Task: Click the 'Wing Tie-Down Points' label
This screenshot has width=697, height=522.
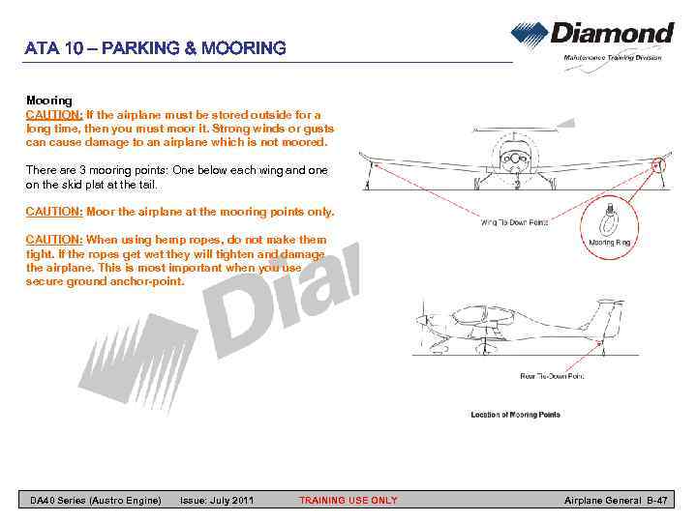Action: click(x=514, y=222)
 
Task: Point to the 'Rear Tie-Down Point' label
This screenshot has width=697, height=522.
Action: click(x=552, y=376)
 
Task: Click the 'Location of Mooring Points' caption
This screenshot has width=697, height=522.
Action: click(x=515, y=415)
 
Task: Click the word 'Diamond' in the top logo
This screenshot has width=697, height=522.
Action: click(x=612, y=34)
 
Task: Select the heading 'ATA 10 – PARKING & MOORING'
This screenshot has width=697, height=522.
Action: click(x=156, y=47)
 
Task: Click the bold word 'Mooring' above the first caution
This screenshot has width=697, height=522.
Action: click(x=48, y=101)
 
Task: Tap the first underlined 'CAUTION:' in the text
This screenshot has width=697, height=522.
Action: click(x=54, y=114)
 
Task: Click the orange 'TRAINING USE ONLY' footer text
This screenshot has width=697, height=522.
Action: click(x=348, y=500)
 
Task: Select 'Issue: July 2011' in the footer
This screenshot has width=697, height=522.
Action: click(x=217, y=500)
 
